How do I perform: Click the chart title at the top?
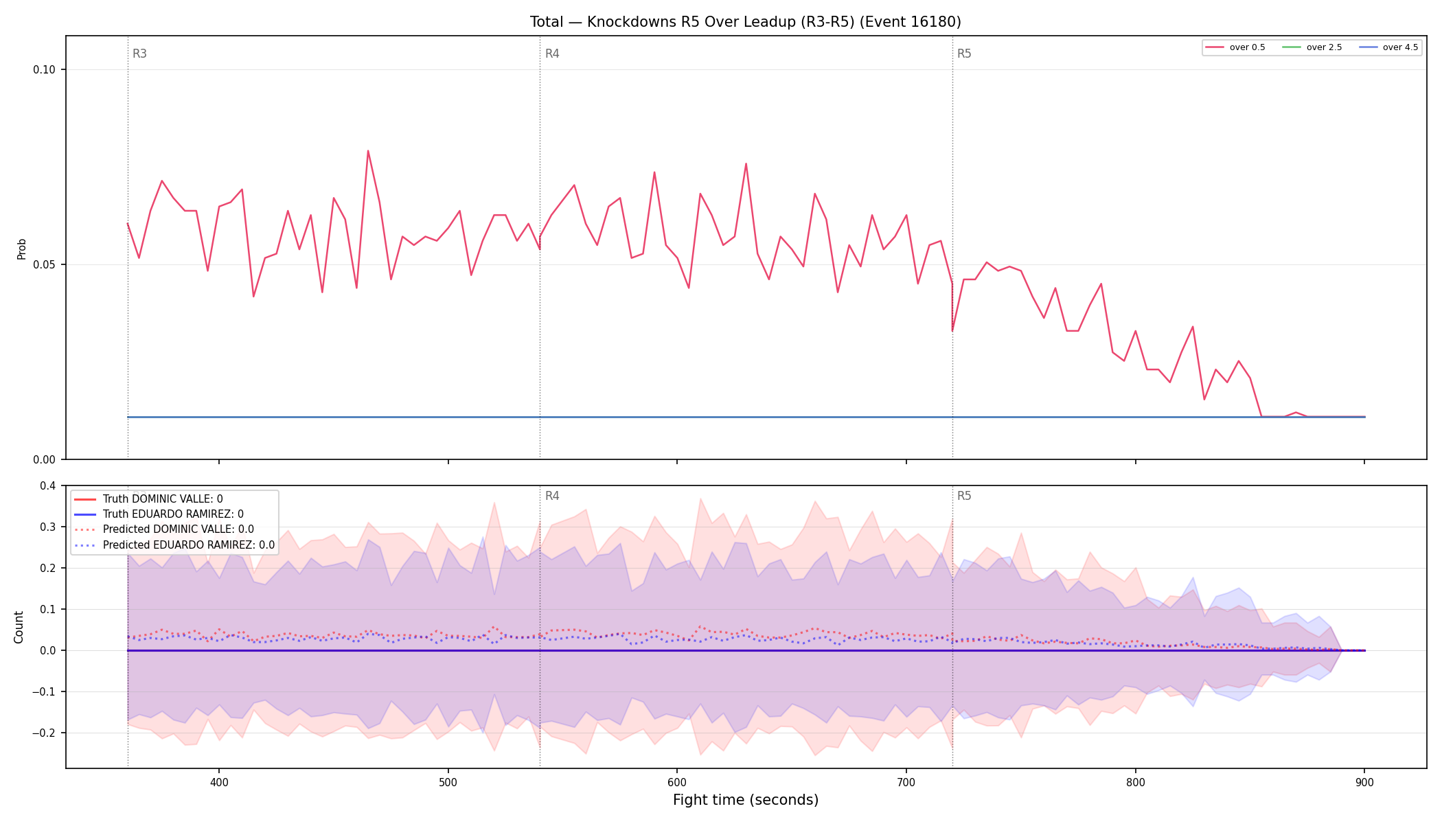click(745, 22)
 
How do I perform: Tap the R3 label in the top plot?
click(139, 54)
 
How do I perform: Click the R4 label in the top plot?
click(552, 54)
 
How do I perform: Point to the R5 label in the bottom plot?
click(964, 496)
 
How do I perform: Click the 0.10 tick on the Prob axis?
click(45, 69)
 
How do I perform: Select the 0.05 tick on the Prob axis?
click(45, 264)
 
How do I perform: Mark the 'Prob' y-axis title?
click(22, 249)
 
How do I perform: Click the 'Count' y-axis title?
click(19, 627)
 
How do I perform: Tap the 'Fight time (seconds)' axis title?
click(746, 800)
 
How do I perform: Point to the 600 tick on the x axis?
click(677, 781)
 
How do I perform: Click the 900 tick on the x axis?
click(1364, 781)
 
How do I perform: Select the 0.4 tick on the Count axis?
click(48, 486)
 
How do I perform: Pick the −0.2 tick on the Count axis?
click(44, 733)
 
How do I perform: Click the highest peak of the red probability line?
click(368, 150)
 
